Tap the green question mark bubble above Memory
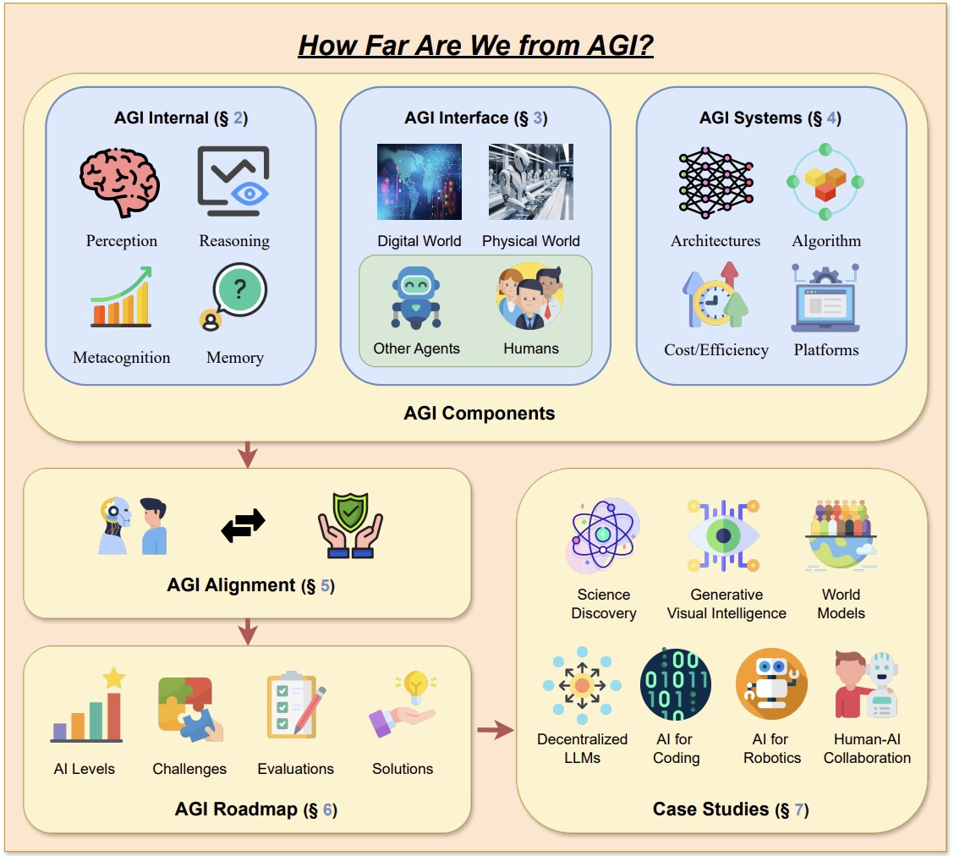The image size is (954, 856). coord(239,290)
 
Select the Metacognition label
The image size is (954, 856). coord(122,357)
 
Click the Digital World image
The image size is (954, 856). coord(419,181)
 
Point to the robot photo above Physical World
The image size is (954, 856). coord(531,181)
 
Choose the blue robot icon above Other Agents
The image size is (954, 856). coord(416,298)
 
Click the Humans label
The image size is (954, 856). coord(531,348)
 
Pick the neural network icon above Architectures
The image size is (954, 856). coord(716,182)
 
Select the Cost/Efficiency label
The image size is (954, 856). coord(716,350)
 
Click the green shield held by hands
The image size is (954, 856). coord(350,513)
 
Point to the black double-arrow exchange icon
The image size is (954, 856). coord(244,525)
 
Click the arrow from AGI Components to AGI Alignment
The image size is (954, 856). coord(247,454)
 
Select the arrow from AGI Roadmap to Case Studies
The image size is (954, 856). coord(496,729)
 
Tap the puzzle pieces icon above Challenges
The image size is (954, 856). coord(189,709)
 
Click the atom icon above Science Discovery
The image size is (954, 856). coord(602,535)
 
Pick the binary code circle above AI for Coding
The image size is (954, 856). coord(676,684)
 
